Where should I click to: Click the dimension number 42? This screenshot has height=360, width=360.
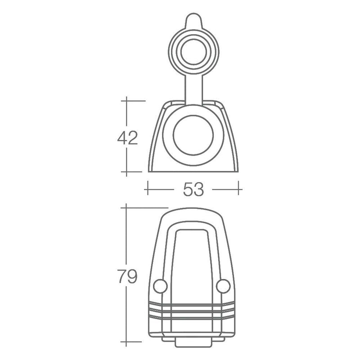pyautogui.click(x=127, y=138)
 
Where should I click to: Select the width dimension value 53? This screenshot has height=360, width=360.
pyautogui.click(x=193, y=189)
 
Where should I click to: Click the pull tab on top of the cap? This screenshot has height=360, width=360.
pyautogui.click(x=193, y=22)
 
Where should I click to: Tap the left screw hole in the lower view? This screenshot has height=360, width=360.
pyautogui.click(x=159, y=286)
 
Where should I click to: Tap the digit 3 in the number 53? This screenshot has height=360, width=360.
pyautogui.click(x=199, y=189)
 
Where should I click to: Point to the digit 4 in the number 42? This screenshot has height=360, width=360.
pyautogui.click(x=121, y=138)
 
